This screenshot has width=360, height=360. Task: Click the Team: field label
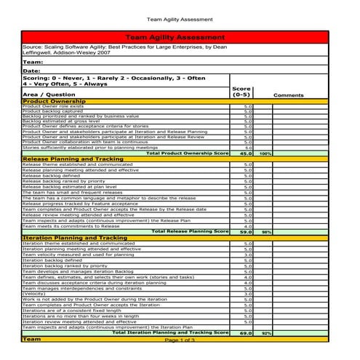32,62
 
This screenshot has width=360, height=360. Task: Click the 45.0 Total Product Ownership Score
246,153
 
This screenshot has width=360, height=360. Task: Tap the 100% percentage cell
265,153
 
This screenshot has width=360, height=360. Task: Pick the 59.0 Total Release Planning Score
246,231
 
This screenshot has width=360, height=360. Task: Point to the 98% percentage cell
266,231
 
